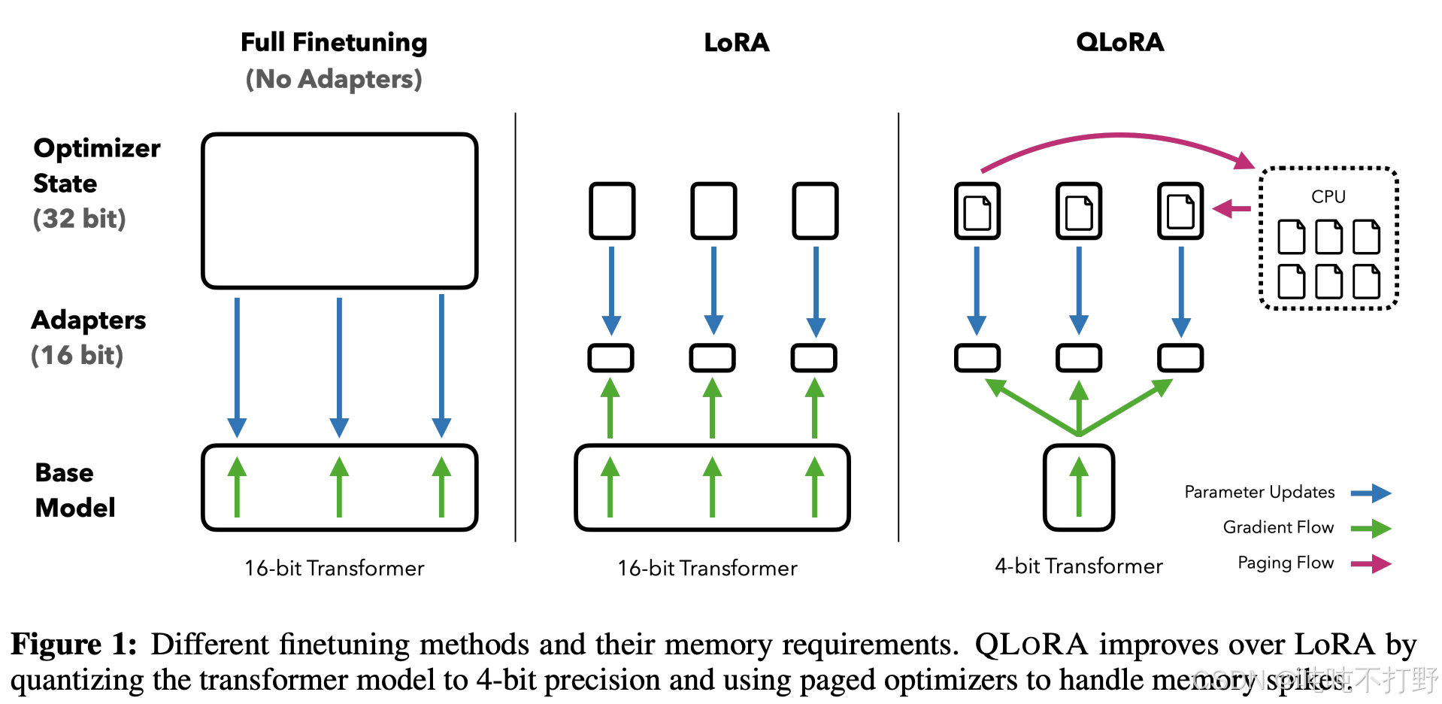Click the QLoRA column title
pos(1119,42)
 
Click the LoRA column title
pos(737,42)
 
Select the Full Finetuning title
pos(334,43)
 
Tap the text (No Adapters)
pos(334,79)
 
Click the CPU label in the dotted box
pos(1328,196)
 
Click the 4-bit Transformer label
pos(1079,566)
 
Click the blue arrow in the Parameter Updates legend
pos(1371,493)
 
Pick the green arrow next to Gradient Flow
pos(1371,529)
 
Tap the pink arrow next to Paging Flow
pos(1371,563)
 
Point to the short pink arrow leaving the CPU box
pos(1231,208)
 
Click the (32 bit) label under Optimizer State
pos(79,219)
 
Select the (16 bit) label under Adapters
pos(77,355)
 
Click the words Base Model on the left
pos(75,490)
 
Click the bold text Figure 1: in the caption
pos(74,645)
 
